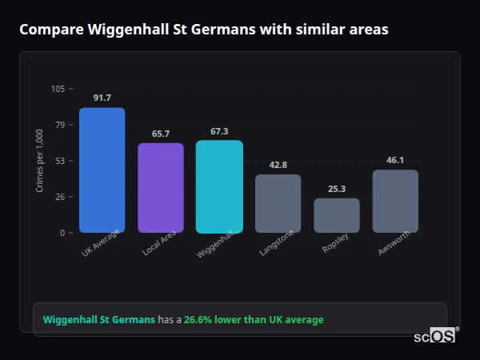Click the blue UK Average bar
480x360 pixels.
tap(102, 170)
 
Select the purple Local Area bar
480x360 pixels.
tap(161, 187)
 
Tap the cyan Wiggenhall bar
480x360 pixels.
tap(219, 186)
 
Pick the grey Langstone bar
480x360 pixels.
tap(278, 203)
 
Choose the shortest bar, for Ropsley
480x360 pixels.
tap(336, 215)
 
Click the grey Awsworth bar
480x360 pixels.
tap(395, 201)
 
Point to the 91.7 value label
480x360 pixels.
tap(102, 98)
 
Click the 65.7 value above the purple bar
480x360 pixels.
tap(161, 134)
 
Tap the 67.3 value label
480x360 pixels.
tap(219, 131)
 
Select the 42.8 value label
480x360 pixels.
tap(278, 165)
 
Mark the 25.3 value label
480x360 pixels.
tap(336, 189)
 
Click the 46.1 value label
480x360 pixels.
tap(395, 160)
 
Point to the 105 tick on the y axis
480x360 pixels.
tap(58, 89)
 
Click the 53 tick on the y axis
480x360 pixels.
tap(60, 161)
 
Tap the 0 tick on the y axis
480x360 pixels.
tap(62, 233)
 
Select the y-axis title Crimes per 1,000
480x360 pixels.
tap(40, 161)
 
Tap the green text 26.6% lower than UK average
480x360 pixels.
tap(254, 320)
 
